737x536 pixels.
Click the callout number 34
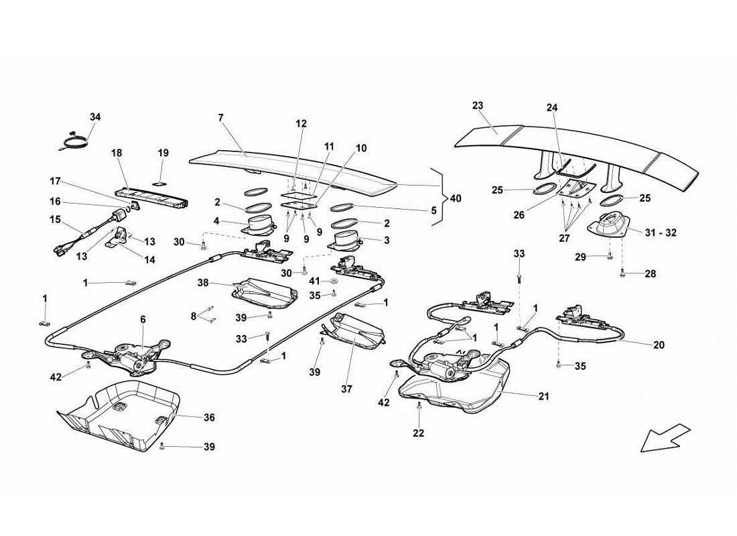point(95,117)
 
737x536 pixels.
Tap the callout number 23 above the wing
point(477,106)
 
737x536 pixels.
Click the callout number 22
point(418,433)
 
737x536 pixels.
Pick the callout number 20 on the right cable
point(660,345)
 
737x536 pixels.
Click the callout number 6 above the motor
point(142,320)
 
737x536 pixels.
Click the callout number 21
point(543,396)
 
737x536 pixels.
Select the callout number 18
point(117,153)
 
